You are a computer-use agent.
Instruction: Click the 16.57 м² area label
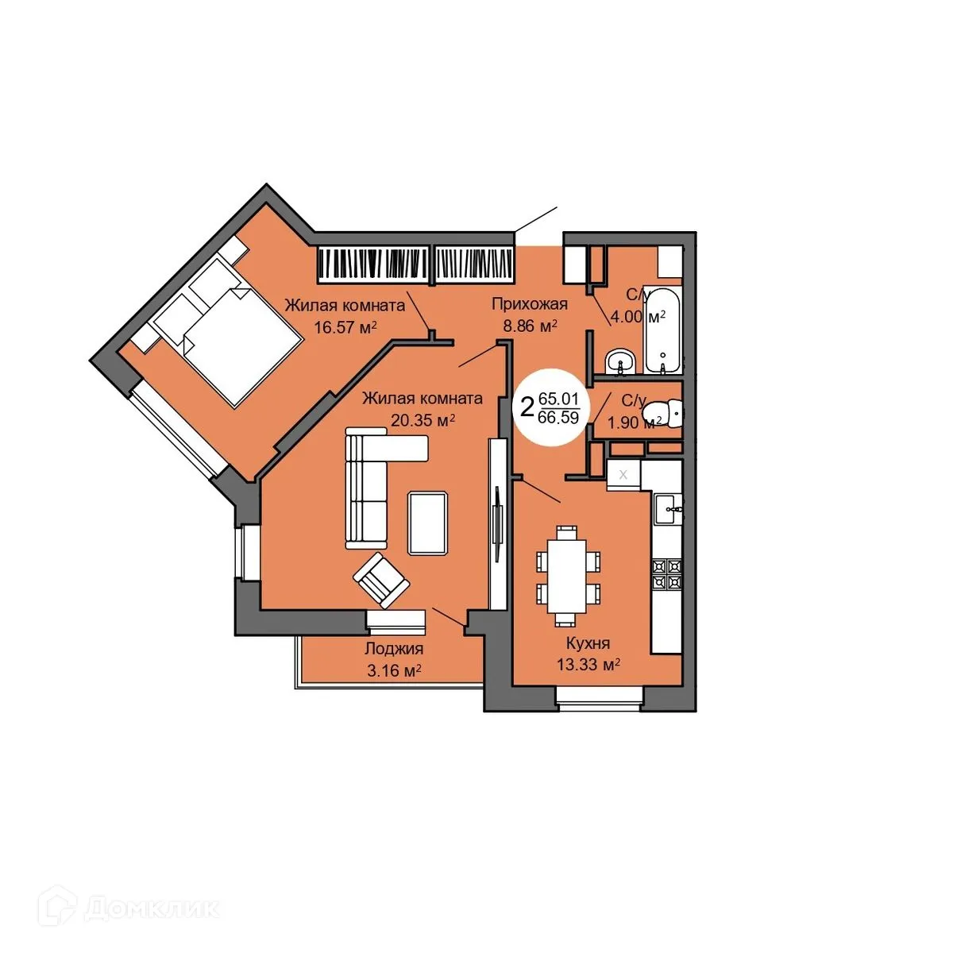click(345, 326)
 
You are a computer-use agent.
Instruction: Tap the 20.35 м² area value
click(422, 420)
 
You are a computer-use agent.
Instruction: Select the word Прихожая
click(529, 303)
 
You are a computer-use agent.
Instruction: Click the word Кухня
click(588, 643)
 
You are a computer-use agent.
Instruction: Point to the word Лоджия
click(393, 649)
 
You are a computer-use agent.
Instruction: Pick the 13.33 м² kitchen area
click(588, 665)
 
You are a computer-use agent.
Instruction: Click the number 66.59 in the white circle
click(558, 418)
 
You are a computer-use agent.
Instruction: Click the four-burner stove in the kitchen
click(666, 573)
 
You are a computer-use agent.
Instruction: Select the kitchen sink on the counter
click(667, 506)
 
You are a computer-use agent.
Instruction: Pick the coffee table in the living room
click(429, 523)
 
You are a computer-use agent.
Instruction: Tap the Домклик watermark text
click(151, 908)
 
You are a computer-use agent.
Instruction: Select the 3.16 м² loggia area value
click(393, 671)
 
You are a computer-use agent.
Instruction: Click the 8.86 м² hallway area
click(529, 326)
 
